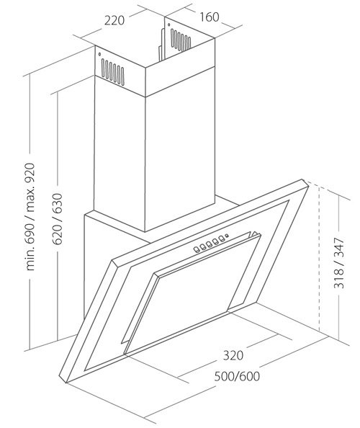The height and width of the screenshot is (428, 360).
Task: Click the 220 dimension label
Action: [x=114, y=20]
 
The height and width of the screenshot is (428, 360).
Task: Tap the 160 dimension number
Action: [x=210, y=17]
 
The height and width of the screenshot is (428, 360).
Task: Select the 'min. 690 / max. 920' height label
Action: [x=30, y=217]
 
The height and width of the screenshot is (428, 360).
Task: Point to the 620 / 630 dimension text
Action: [x=58, y=218]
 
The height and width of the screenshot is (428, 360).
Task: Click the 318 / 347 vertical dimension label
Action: [x=339, y=263]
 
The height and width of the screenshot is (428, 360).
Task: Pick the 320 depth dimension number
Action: [x=233, y=355]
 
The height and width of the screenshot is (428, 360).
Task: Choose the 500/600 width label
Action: [x=237, y=376]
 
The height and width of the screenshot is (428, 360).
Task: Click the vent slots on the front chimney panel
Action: [x=112, y=73]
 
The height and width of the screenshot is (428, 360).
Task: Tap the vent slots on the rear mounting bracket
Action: [x=181, y=40]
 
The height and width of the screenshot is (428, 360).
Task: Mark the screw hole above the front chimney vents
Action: [x=100, y=54]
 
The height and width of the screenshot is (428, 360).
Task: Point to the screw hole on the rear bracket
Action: [x=169, y=25]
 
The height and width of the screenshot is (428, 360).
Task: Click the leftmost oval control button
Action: [x=197, y=249]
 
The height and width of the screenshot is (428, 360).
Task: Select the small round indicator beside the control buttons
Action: [x=227, y=236]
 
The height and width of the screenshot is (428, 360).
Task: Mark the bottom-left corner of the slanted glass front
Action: [x=66, y=383]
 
